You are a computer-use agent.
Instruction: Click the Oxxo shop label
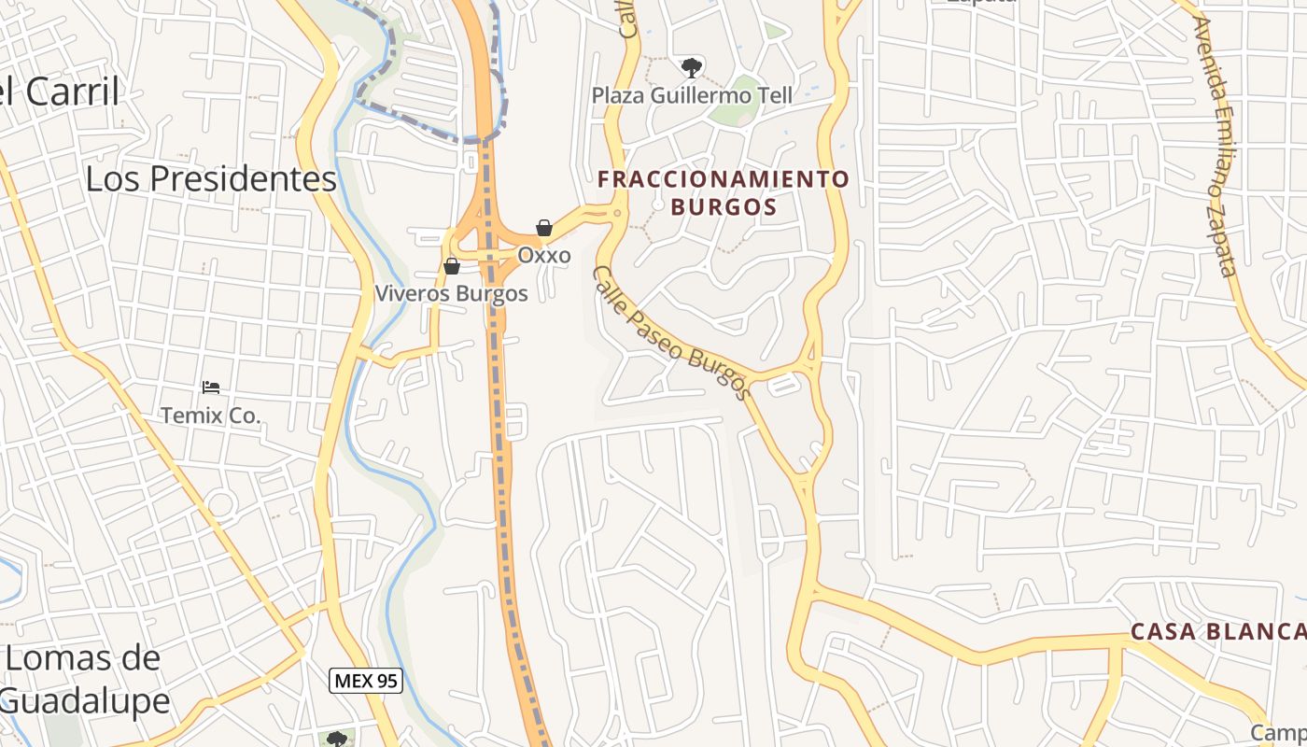pos(544,255)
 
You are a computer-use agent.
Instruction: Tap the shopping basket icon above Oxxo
pos(544,228)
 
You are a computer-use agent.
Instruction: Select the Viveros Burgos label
pos(451,293)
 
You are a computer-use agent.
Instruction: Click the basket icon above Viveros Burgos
pos(452,266)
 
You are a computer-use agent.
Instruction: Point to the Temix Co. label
pos(210,416)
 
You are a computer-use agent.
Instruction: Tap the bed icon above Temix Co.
pos(211,387)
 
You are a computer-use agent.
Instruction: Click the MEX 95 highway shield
pos(367,681)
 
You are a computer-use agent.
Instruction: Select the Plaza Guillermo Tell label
pos(692,95)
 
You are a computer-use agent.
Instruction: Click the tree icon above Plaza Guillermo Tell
pos(692,66)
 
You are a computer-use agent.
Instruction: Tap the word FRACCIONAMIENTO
pos(724,178)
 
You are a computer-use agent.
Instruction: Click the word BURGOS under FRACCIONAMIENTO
pos(724,206)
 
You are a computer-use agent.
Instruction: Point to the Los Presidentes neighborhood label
pos(211,178)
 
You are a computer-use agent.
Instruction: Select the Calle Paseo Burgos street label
pos(672,331)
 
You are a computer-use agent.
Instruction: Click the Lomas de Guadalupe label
pos(84,679)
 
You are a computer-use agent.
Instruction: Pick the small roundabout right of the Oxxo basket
pos(617,213)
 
